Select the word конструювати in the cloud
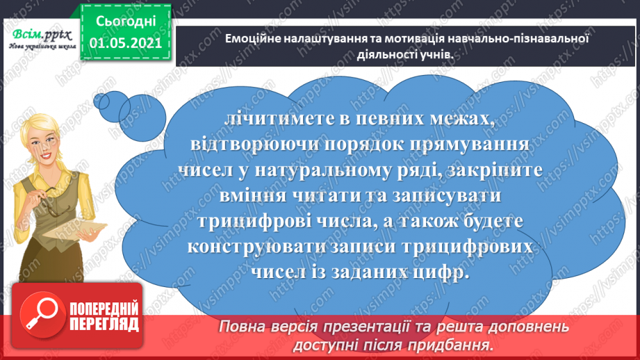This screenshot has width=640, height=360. coord(258,248)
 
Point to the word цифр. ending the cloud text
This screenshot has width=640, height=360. coord(440,274)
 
